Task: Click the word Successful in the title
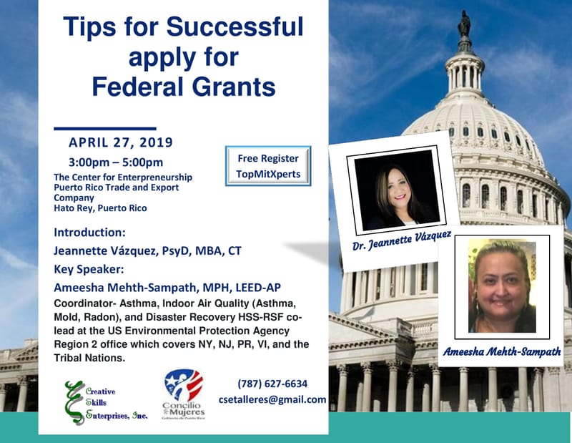236,27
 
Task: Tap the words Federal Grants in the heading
184,87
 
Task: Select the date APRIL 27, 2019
121,142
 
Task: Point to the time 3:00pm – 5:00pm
116,162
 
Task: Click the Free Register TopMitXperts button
268,165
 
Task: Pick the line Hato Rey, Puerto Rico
100,208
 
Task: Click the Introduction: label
89,233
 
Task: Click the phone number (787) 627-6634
272,384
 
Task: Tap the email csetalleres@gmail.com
272,400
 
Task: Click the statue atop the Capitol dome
463,24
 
